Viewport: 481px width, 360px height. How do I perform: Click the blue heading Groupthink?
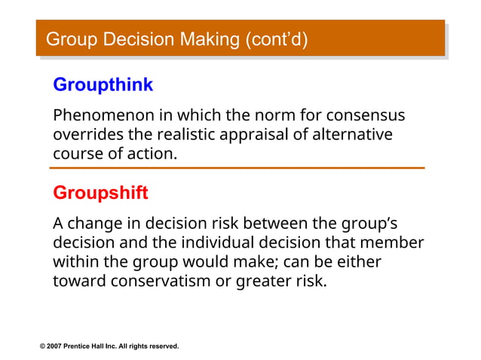point(103,85)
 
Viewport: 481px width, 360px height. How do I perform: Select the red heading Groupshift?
point(100,193)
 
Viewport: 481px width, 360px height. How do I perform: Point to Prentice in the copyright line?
point(81,346)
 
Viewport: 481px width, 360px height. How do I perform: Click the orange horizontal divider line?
point(238,168)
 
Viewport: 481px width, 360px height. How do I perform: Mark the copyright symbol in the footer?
point(43,346)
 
